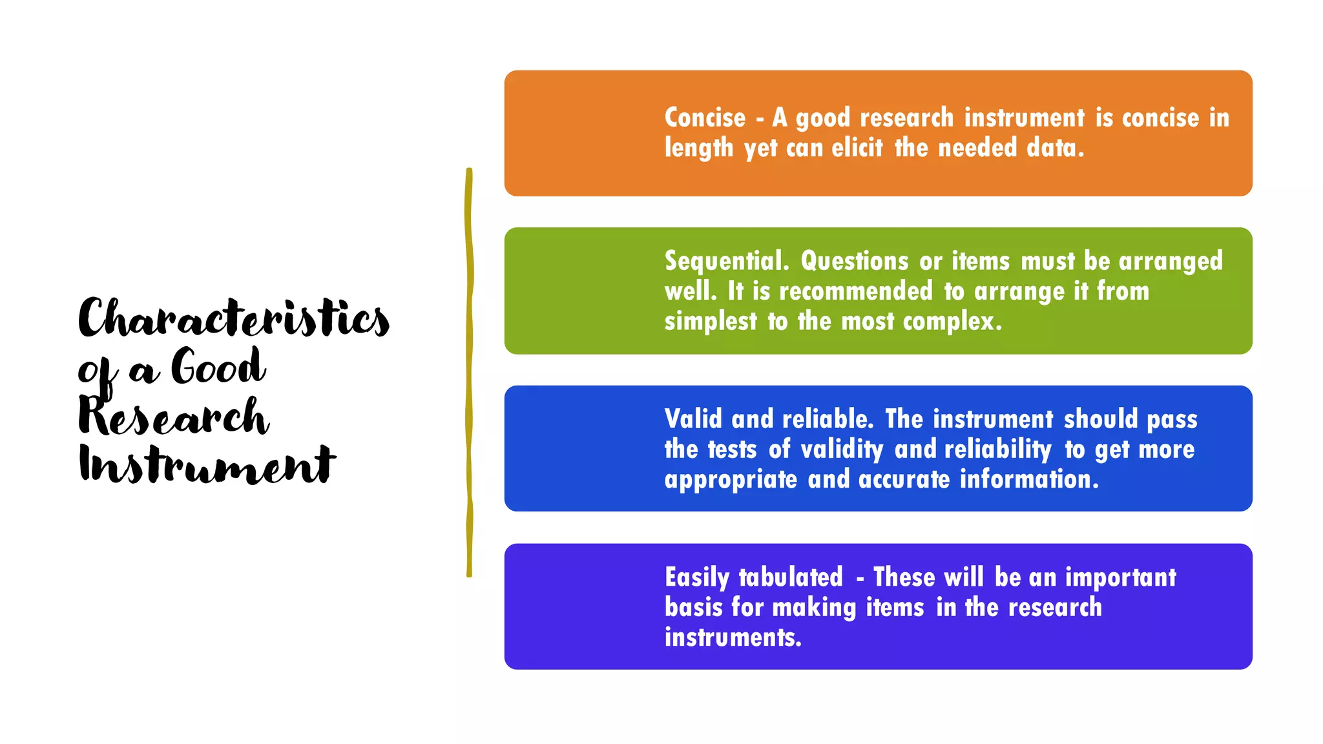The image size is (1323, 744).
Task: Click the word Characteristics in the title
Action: [x=234, y=318]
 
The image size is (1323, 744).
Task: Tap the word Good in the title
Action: [x=218, y=367]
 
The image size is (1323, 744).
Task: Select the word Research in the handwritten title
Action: [x=173, y=417]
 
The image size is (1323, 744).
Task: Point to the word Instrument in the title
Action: [x=207, y=465]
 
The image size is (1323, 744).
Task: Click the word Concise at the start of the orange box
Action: [x=705, y=118]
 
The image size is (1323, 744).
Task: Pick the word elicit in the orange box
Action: [x=857, y=149]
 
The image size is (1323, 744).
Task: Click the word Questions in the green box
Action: [x=854, y=262]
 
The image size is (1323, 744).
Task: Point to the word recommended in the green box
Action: [x=855, y=292]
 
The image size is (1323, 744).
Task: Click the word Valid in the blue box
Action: [x=693, y=419]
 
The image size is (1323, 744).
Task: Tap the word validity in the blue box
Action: [x=841, y=449]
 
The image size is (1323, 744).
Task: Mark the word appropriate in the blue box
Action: [x=731, y=480]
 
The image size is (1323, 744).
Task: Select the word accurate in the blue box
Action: [x=904, y=480]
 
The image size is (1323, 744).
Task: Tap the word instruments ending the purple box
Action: [x=732, y=638]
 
